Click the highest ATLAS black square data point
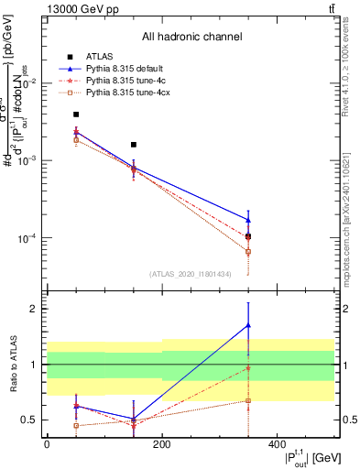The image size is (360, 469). tap(76, 115)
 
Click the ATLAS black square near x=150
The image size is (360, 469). tap(134, 145)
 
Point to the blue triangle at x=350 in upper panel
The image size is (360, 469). tap(248, 220)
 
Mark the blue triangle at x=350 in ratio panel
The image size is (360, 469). tap(248, 325)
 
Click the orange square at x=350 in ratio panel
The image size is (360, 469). tap(248, 400)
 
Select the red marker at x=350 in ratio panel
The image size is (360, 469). tap(248, 367)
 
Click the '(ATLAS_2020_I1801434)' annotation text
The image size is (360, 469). tap(190, 274)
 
